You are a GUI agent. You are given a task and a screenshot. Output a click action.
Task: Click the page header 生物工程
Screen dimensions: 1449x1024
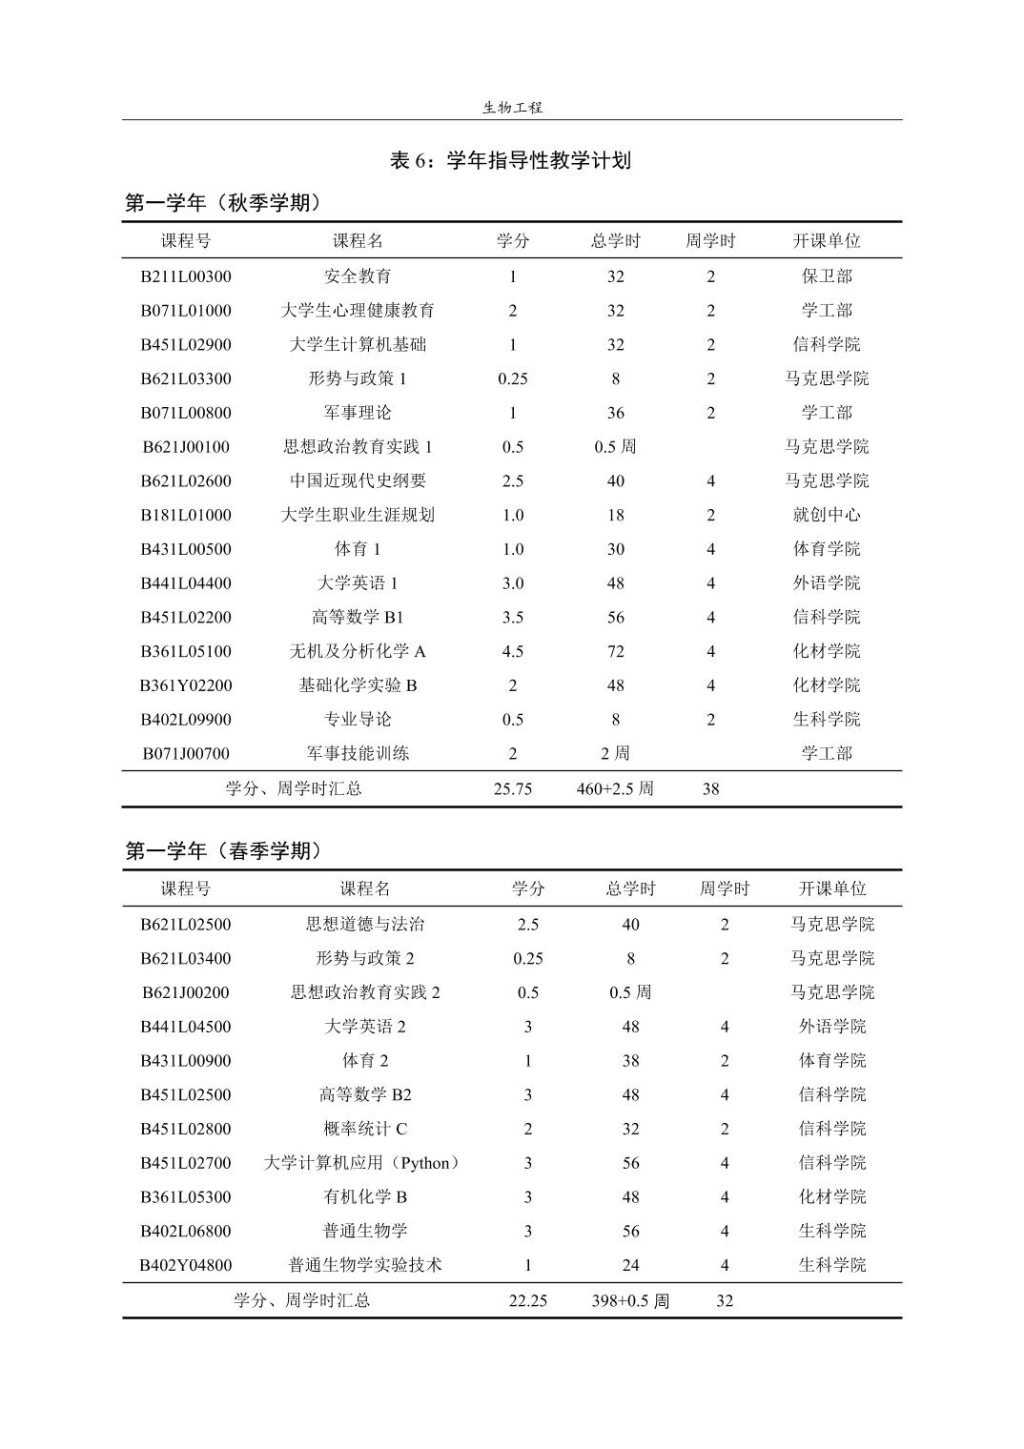[512, 108]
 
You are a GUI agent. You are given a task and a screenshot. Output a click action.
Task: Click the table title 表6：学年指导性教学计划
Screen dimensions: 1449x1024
[510, 161]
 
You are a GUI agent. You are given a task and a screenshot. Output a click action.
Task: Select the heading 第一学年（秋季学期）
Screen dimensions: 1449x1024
[223, 203]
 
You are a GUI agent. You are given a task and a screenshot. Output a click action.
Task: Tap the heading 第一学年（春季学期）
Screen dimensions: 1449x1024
[223, 851]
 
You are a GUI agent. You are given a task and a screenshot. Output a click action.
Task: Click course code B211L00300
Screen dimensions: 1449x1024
[186, 276]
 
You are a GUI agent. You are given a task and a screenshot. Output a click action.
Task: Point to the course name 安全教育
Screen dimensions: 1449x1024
[358, 276]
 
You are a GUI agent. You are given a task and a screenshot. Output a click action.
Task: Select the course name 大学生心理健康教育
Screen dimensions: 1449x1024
[358, 311]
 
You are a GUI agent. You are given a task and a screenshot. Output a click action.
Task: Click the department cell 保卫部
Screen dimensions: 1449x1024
[827, 276]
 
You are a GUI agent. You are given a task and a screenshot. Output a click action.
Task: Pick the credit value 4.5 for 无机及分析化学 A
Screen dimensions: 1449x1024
[513, 652]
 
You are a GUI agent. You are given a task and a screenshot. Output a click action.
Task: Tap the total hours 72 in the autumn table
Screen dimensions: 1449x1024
[616, 652]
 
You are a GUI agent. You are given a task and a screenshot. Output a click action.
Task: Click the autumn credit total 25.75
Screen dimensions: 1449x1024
[513, 789]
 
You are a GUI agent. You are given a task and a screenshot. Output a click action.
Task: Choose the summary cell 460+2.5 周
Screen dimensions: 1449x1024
[616, 789]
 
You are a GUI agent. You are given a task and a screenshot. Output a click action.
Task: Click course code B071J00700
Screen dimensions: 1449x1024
[186, 754]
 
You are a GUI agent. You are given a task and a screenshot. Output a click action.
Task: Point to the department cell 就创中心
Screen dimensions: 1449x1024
[827, 516]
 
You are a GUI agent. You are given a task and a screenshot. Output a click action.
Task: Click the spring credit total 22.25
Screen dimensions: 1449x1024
[528, 1301]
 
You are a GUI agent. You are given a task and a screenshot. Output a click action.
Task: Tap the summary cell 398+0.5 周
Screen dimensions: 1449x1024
[630, 1301]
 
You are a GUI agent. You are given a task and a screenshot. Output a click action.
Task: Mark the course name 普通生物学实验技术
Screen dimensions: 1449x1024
[365, 1266]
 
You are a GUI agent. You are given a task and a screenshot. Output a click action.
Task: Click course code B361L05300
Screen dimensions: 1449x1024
[186, 1197]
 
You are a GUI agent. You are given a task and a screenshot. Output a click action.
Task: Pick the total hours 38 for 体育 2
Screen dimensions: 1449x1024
[630, 1061]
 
